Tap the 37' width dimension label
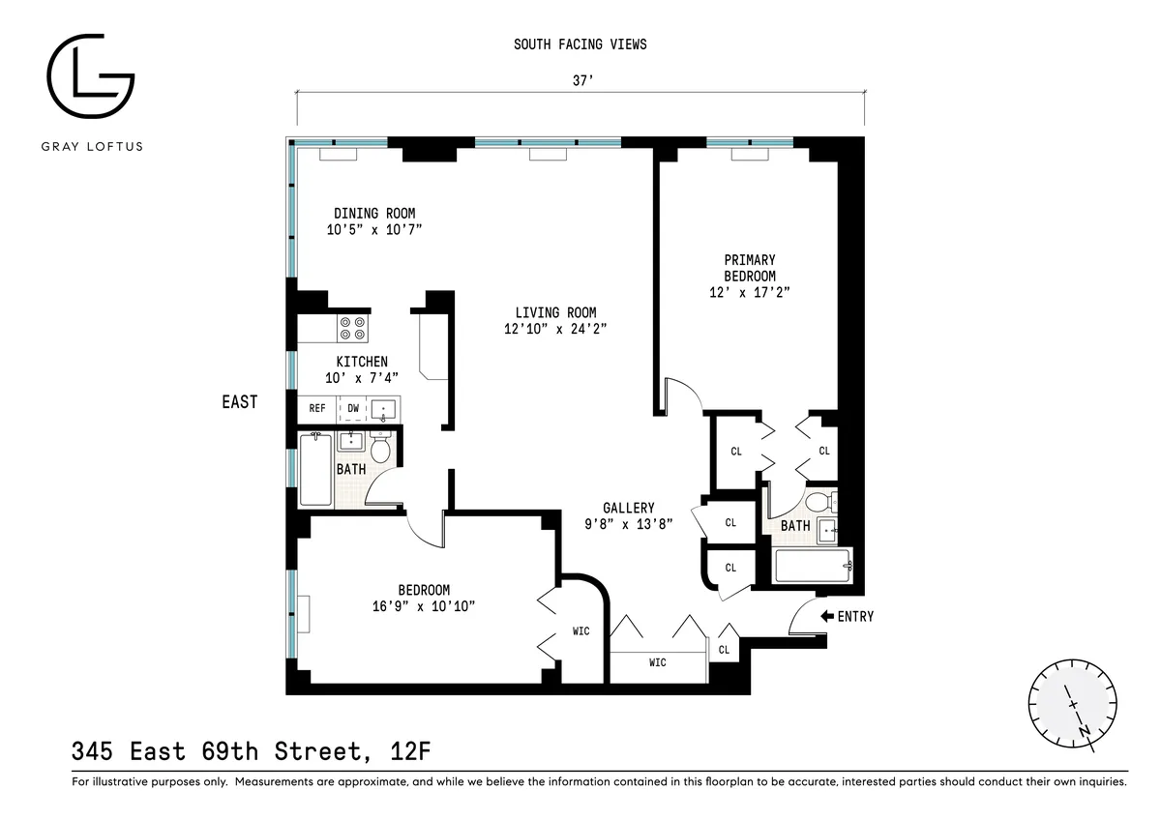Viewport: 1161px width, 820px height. tap(580, 83)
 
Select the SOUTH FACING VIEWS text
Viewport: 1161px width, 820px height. tap(580, 44)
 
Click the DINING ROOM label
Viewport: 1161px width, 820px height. tap(374, 214)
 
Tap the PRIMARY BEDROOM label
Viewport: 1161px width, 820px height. tap(750, 268)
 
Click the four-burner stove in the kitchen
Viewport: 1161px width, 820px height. tap(352, 329)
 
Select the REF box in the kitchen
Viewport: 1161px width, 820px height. tap(316, 408)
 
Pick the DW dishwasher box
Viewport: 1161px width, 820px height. tap(353, 408)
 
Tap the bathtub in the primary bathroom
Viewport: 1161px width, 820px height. tap(813, 566)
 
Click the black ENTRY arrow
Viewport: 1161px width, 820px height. tap(826, 616)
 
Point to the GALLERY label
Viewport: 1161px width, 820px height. tap(628, 508)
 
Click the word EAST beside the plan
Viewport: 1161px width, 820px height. tap(239, 401)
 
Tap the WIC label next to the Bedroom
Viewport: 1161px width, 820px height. tap(580, 631)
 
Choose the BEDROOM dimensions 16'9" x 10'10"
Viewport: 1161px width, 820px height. tap(424, 606)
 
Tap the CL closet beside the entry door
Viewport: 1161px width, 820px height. tap(725, 650)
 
